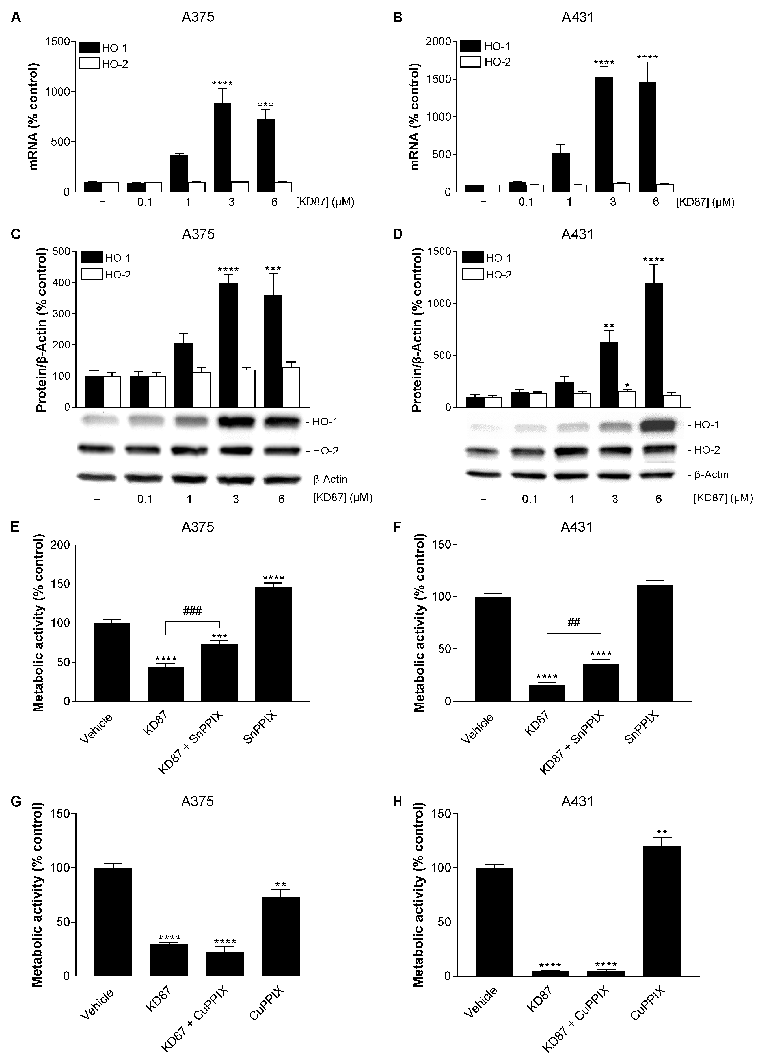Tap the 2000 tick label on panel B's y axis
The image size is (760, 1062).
(439, 42)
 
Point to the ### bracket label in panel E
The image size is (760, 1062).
(192, 611)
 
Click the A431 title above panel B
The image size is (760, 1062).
(577, 17)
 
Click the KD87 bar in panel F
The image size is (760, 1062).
(547, 693)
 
